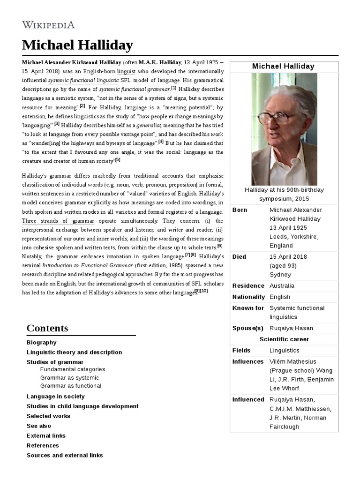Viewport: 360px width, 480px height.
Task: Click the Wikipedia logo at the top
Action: click(x=48, y=25)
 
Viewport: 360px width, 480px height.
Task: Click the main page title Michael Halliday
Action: click(x=77, y=45)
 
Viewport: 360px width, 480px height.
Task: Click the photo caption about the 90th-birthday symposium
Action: click(x=284, y=194)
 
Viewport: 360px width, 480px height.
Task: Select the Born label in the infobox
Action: click(x=240, y=210)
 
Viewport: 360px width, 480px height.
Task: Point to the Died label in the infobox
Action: click(x=239, y=257)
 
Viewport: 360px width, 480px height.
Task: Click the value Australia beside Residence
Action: click(x=282, y=286)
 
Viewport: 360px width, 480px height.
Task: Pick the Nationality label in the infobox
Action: click(x=248, y=297)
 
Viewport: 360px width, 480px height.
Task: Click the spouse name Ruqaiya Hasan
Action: click(x=291, y=328)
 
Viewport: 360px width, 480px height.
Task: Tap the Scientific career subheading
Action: click(x=284, y=339)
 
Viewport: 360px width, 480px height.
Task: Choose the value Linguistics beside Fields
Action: click(x=284, y=351)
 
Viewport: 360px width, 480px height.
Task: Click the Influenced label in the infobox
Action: click(x=248, y=400)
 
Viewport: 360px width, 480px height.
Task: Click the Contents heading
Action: click(x=47, y=328)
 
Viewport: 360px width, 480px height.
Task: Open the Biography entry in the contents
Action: click(x=42, y=343)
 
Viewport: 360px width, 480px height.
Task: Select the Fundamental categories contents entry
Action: click(x=73, y=369)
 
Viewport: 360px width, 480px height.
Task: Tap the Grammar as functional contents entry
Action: click(x=71, y=386)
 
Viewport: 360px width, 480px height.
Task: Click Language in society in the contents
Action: click(x=56, y=397)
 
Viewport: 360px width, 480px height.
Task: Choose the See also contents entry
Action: click(x=39, y=426)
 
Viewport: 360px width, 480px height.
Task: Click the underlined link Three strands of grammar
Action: click(x=58, y=221)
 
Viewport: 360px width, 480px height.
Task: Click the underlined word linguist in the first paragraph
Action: click(x=126, y=71)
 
